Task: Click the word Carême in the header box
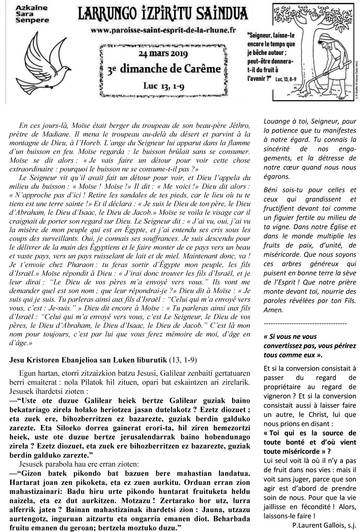click(203, 69)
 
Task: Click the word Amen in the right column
click(272, 310)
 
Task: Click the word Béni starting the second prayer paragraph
click(270, 190)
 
